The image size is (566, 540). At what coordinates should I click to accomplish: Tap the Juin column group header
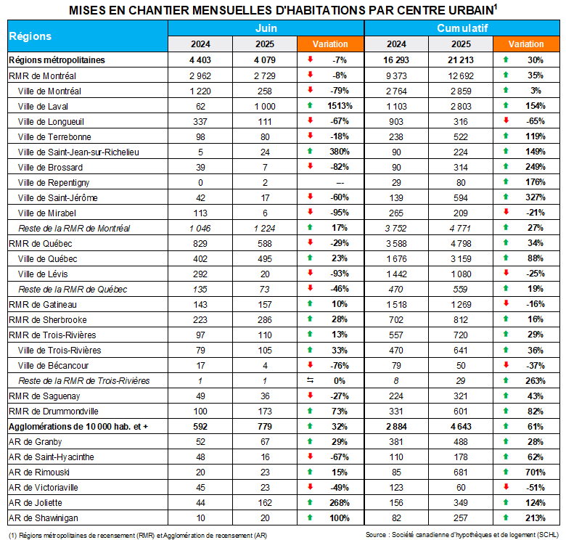point(266,28)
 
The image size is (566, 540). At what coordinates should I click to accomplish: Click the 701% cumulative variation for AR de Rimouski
point(536,472)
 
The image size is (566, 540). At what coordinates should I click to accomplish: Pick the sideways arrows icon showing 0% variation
point(310,381)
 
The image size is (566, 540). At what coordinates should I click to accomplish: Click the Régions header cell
point(30,36)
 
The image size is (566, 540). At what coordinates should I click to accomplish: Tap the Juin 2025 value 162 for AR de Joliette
point(265,503)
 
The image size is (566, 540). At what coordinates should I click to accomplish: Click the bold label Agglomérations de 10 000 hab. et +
point(78,427)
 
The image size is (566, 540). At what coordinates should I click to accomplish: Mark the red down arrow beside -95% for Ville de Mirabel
point(310,213)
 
